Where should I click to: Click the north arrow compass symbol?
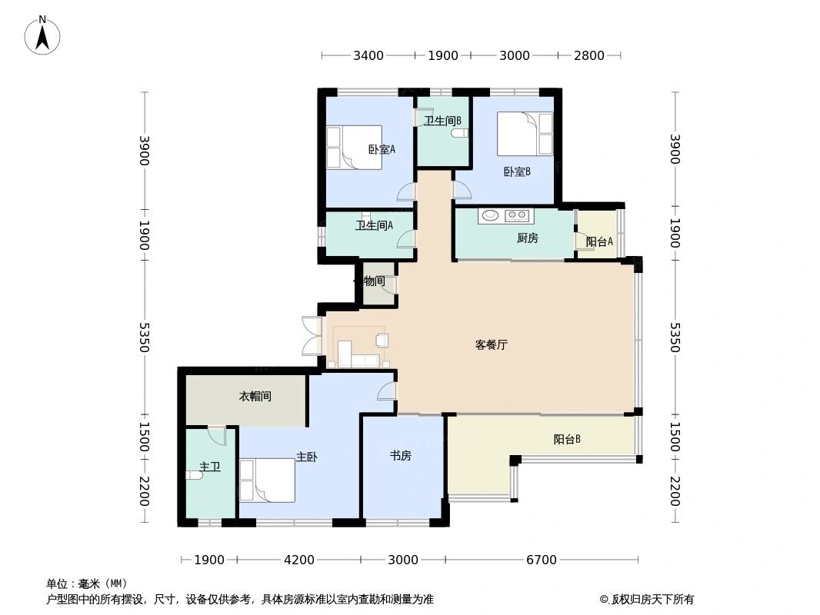(43, 35)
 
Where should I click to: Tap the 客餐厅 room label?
(491, 345)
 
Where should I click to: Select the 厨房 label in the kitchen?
(527, 238)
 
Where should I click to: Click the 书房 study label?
(400, 456)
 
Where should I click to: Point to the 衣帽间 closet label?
(255, 397)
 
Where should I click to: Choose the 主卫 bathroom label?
(210, 467)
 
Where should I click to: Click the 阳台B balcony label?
(567, 440)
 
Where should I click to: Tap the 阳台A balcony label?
(599, 241)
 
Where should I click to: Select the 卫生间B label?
(442, 121)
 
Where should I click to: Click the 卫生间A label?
(374, 225)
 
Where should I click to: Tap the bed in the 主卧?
(267, 480)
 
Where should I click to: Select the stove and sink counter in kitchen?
(505, 216)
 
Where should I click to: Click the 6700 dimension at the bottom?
(541, 560)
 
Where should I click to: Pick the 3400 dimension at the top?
(368, 55)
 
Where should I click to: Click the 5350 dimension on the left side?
(144, 337)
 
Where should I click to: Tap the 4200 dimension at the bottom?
(298, 560)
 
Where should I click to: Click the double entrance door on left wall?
(312, 336)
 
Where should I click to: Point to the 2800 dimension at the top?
(589, 55)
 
